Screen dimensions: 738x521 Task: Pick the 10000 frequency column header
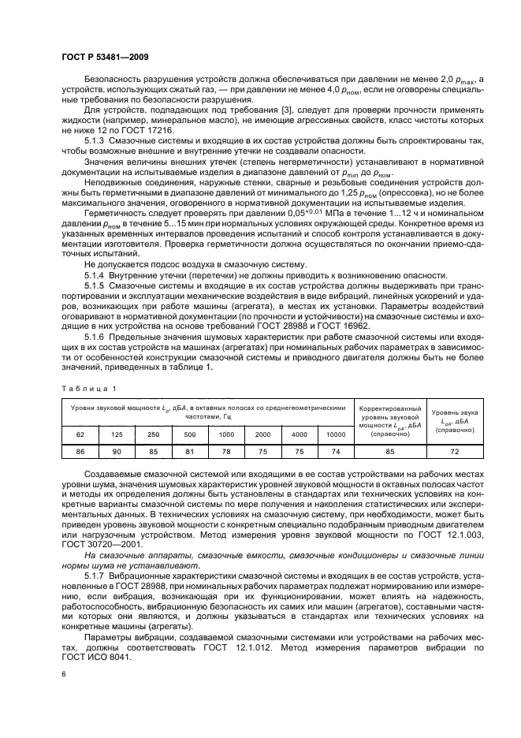(x=337, y=434)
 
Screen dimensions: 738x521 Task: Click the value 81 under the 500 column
(x=190, y=452)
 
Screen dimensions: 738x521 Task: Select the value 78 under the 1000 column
(x=226, y=452)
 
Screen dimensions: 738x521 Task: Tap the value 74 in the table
(x=337, y=452)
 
